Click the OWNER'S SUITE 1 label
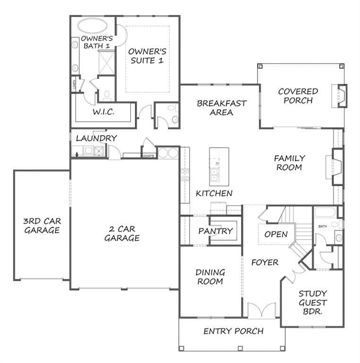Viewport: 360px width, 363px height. (147, 56)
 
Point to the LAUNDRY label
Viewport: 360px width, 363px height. (96, 138)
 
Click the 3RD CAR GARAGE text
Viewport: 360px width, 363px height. (42, 225)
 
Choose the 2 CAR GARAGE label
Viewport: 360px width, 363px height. (122, 233)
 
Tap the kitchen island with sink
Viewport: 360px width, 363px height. (219, 166)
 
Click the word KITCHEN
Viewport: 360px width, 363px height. (214, 193)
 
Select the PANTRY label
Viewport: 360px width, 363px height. (215, 231)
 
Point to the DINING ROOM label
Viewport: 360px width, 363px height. (210, 277)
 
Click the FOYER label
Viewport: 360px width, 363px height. (265, 262)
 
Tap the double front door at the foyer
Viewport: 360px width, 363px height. (261, 310)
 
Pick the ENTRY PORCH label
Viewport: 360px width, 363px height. (233, 331)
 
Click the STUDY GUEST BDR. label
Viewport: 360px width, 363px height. (312, 302)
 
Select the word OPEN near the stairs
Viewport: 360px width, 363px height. (276, 234)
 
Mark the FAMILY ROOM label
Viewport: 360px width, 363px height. (290, 163)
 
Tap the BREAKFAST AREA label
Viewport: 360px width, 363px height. (222, 108)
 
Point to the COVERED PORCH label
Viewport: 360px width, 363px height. (298, 95)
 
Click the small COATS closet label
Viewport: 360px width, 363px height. (148, 156)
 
